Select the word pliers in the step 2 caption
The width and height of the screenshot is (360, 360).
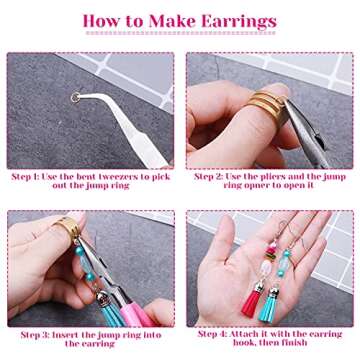[286, 177]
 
